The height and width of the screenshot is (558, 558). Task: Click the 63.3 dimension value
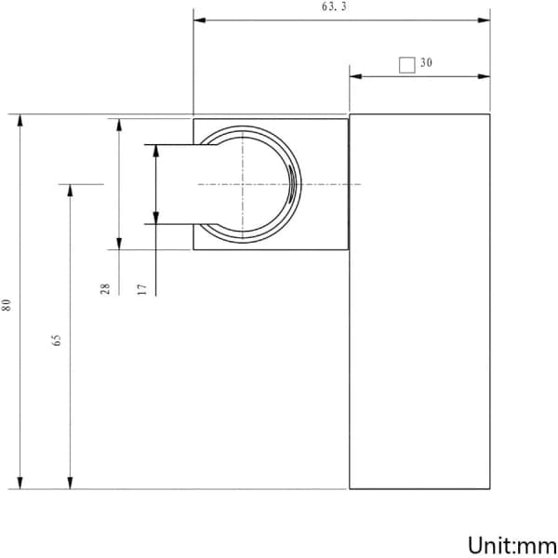pos(334,7)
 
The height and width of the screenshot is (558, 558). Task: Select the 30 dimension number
pos(426,62)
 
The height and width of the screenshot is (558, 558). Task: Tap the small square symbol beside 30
pos(407,65)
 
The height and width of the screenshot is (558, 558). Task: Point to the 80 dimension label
pos(7,305)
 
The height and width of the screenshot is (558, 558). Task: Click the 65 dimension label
pos(56,339)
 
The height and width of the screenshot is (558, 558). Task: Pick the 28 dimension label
pos(105,289)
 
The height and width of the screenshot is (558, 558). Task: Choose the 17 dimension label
pos(142,289)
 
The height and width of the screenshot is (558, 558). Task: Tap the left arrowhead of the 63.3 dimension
pos(199,20)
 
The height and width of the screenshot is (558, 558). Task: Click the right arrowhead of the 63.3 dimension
pos(484,20)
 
